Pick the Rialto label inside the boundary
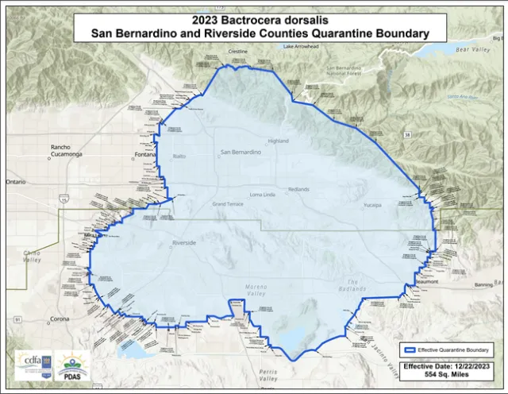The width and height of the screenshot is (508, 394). coord(179,156)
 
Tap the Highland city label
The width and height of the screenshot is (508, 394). coord(279,141)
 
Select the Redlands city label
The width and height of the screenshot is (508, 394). coord(300,189)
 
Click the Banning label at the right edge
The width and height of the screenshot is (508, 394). coord(483,284)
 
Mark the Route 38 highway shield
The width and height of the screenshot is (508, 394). coord(406,137)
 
